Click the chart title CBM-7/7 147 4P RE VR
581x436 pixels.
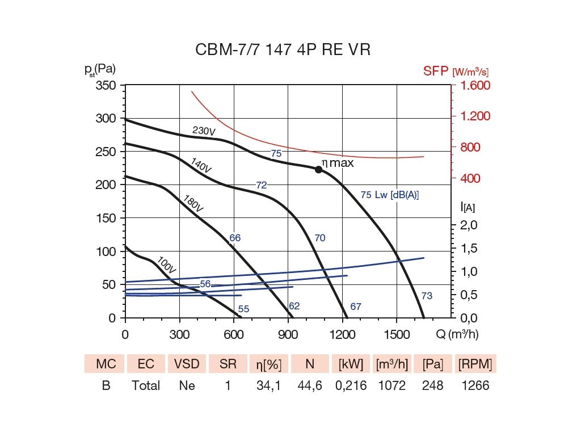283,50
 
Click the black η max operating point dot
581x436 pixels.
318,169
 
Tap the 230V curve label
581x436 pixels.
204,131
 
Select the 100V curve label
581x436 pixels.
166,263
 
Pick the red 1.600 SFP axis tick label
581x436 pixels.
471,85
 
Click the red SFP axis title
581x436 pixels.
455,72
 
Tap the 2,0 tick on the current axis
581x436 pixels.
469,225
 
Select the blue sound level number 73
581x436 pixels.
427,295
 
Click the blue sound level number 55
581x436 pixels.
243,309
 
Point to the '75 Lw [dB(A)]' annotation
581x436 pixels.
389,195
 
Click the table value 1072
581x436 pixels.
391,385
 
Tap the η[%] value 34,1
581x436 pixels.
269,385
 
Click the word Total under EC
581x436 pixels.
146,385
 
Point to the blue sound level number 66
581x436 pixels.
235,238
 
